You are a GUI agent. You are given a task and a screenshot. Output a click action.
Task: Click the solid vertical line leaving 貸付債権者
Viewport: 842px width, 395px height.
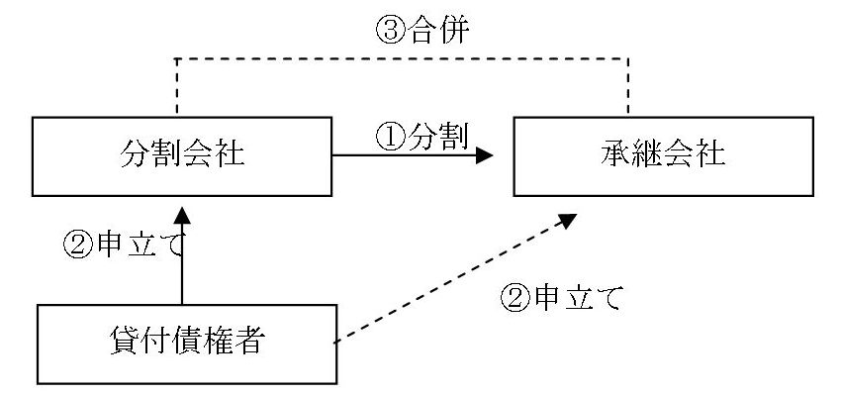pos(183,267)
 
